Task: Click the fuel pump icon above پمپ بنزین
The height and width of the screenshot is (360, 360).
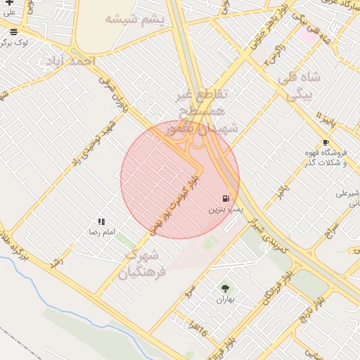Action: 225,198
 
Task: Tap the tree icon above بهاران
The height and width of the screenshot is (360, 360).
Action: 225,288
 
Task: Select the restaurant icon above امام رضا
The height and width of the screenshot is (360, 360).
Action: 102,221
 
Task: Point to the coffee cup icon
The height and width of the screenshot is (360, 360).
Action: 326,142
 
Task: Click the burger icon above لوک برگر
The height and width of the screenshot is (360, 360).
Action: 14,32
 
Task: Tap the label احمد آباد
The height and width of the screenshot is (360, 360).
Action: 73,62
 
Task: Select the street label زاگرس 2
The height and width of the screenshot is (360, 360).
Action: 274,56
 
